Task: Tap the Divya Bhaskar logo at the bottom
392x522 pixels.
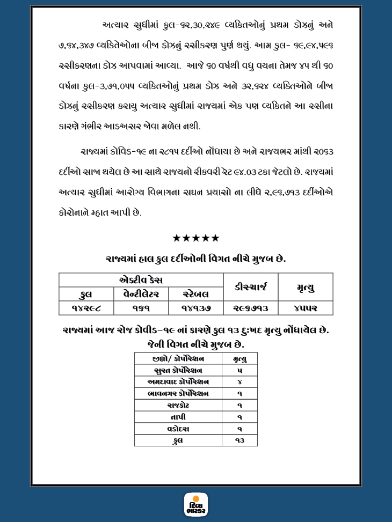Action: coord(196,504)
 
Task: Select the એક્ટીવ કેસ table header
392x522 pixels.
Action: coord(141,280)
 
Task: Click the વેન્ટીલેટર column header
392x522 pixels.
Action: coord(141,294)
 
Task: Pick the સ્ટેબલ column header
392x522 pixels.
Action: coord(196,294)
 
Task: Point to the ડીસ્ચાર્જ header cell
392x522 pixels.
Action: coord(251,287)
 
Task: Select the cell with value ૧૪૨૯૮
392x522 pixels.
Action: coord(86,308)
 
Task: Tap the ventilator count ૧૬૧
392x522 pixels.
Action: coord(141,308)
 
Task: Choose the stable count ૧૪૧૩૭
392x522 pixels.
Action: coord(196,308)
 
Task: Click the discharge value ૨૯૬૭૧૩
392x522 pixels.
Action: coord(251,308)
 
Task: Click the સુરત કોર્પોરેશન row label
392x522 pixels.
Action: coord(178,370)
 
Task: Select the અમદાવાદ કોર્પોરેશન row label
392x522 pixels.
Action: coord(178,381)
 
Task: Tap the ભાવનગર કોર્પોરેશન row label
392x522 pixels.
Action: coord(178,393)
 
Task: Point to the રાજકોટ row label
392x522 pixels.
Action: coord(178,405)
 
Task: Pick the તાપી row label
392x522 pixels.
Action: coord(178,417)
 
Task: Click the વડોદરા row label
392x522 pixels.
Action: coord(178,429)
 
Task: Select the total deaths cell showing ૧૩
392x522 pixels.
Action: coord(239,440)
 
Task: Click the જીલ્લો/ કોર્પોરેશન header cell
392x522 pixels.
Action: coord(178,358)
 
